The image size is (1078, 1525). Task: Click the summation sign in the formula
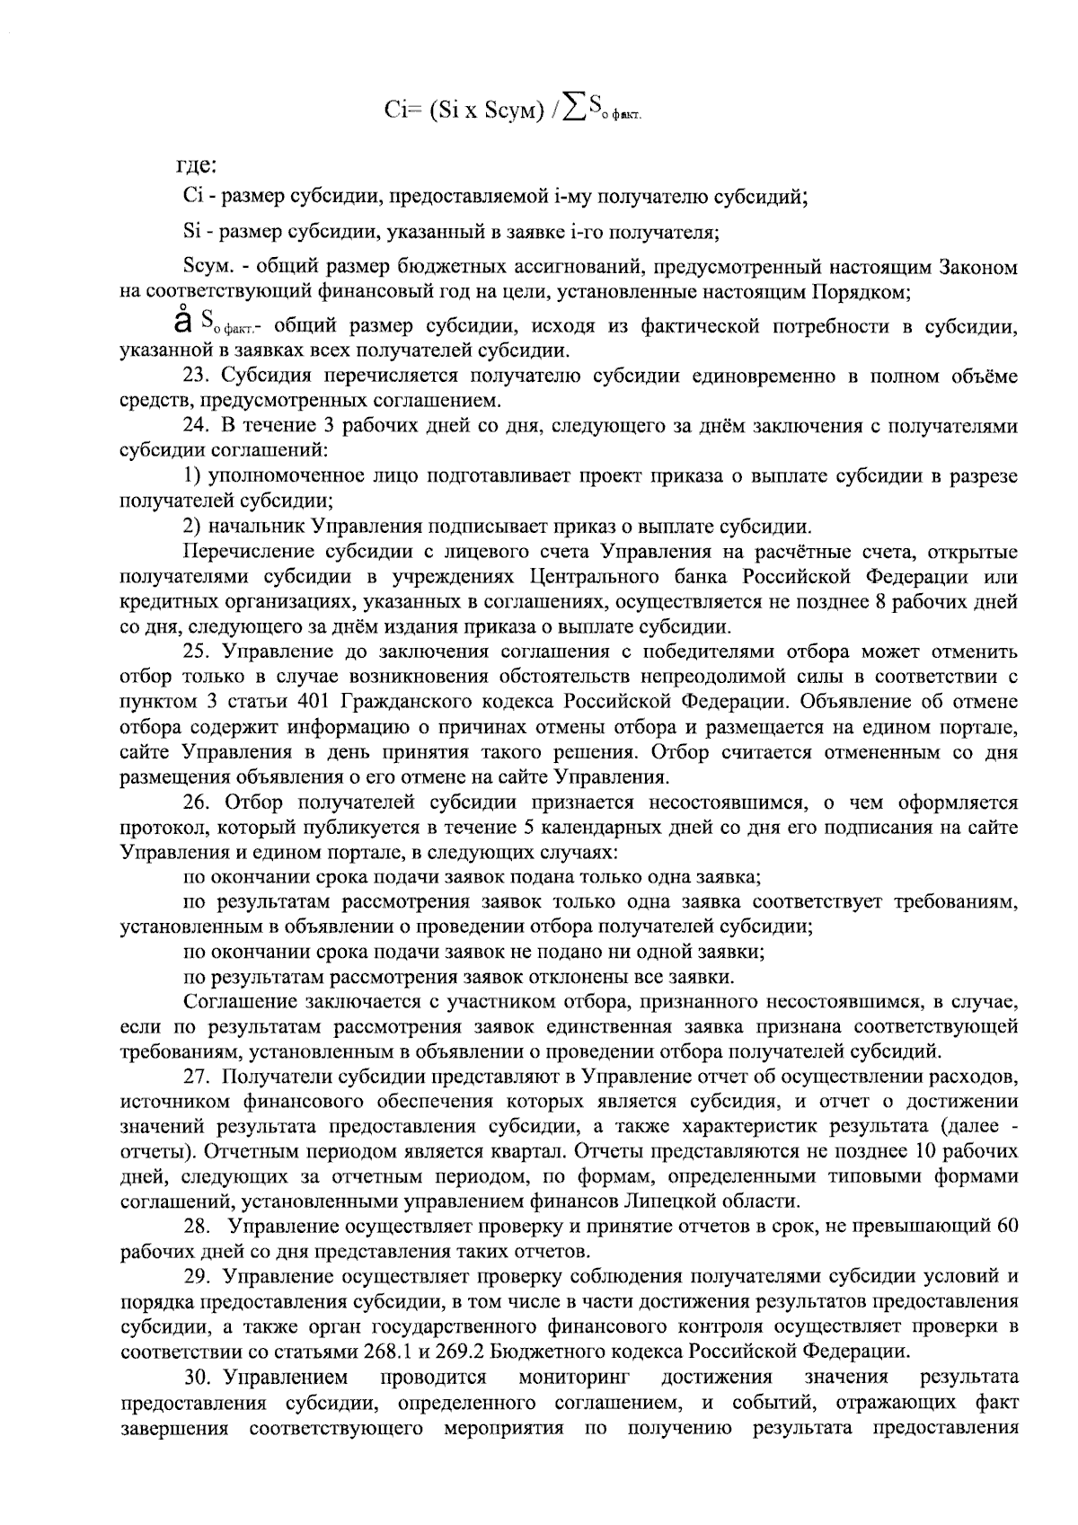coord(569,109)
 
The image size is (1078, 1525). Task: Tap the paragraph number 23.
coord(196,377)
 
